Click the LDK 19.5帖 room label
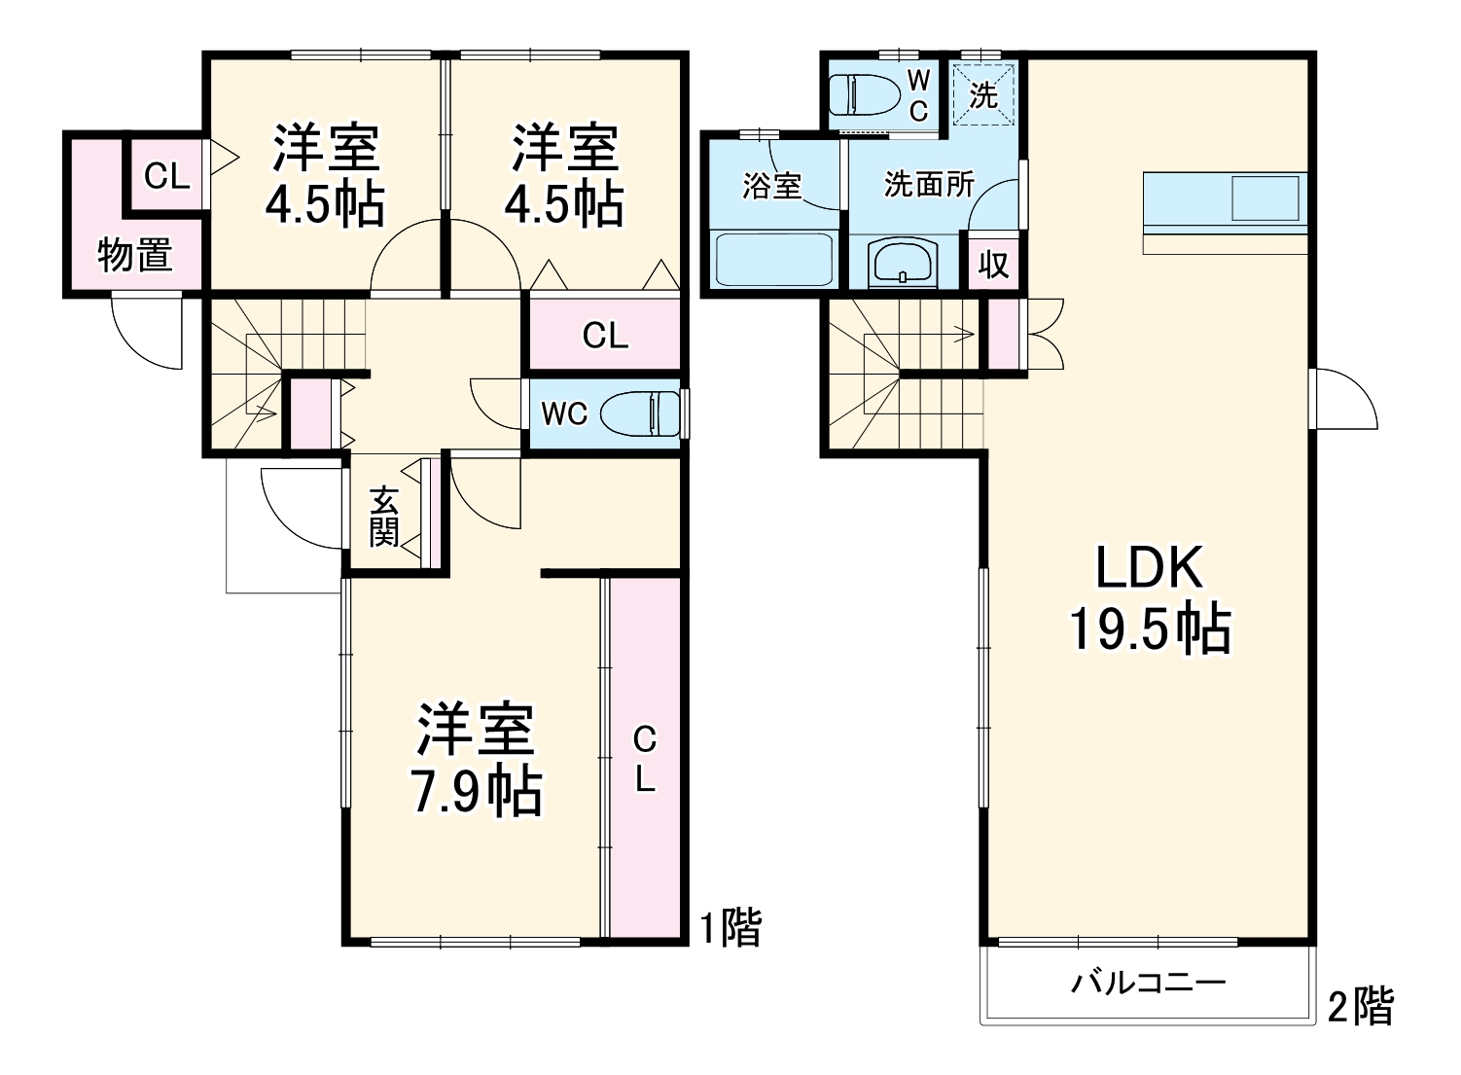tap(1150, 597)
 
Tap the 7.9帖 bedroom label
tap(477, 760)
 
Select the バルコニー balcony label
tap(1148, 983)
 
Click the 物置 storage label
tap(135, 256)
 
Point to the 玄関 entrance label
tap(384, 516)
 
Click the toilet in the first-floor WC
tap(640, 413)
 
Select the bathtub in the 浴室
tap(773, 259)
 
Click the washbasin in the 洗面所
tap(904, 264)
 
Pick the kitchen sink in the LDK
tap(1265, 199)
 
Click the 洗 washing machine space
tap(983, 95)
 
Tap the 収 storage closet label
tap(993, 264)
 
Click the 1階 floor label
tap(731, 927)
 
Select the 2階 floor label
tap(1361, 1006)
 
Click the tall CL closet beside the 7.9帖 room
tap(644, 759)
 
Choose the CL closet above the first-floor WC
tap(605, 336)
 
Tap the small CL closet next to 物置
tap(166, 176)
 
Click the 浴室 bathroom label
tap(771, 185)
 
